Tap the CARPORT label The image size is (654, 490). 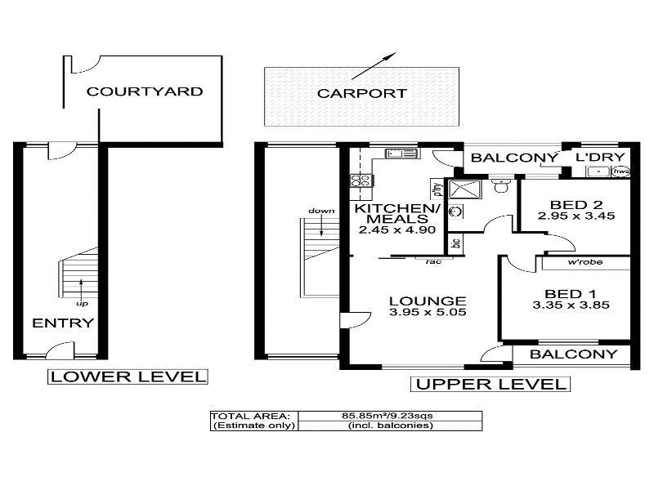tap(361, 93)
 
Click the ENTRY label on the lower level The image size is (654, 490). tap(62, 323)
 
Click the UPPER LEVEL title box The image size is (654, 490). tap(489, 384)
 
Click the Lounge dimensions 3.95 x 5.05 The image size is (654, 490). tap(427, 312)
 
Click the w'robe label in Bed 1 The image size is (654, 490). tap(584, 264)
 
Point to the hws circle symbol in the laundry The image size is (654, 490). tap(621, 171)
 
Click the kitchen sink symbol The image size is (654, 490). tap(401, 153)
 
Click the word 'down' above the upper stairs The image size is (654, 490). tap(320, 212)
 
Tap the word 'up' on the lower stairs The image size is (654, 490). tap(81, 303)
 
